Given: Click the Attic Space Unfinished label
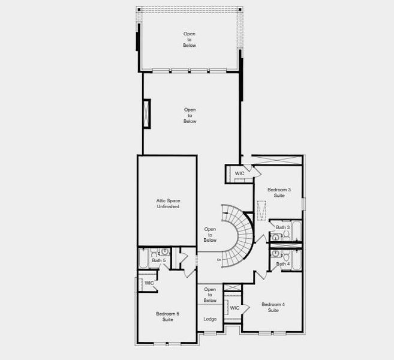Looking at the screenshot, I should tap(168, 203).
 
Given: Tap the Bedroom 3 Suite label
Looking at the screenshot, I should tap(279, 193).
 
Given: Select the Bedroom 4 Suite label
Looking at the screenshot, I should tap(273, 307).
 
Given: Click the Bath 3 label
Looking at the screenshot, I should tap(283, 227).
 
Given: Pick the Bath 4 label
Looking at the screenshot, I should tap(283, 264).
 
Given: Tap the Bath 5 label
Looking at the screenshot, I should tap(159, 260).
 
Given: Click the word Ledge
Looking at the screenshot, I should tap(210, 319).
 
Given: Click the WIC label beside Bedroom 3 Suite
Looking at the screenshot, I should tap(239, 173).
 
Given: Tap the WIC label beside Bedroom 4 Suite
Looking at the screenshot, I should tap(234, 308).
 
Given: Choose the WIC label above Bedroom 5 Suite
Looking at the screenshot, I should tap(149, 283).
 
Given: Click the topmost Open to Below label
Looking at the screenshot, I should tap(190, 40).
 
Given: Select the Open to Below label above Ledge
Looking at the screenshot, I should tap(210, 295).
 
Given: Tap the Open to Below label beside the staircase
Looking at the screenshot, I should tap(210, 235).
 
